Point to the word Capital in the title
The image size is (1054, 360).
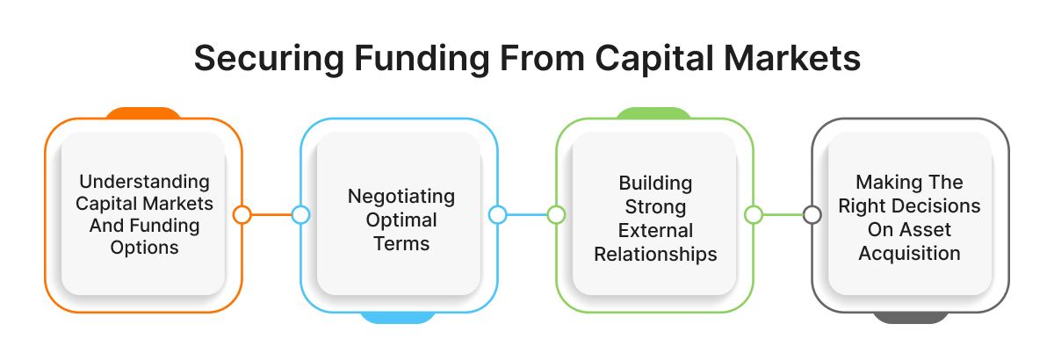click(x=639, y=61)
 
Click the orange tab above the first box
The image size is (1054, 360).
click(x=143, y=113)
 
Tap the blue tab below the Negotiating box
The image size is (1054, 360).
click(x=399, y=317)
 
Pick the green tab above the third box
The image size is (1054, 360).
click(x=653, y=113)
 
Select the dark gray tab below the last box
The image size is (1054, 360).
click(x=910, y=317)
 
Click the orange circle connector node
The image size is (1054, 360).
click(x=242, y=214)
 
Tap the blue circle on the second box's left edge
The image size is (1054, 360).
click(x=300, y=214)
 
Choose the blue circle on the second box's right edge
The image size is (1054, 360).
click(x=497, y=214)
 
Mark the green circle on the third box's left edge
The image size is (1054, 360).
click(x=556, y=214)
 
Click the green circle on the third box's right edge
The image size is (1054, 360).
click(x=753, y=214)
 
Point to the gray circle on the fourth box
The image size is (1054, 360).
click(x=812, y=214)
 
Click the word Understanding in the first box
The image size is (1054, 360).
click(x=144, y=182)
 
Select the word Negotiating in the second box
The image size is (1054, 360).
click(x=401, y=194)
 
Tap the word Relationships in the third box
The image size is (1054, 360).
click(x=655, y=255)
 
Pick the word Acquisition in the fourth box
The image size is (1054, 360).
click(x=910, y=253)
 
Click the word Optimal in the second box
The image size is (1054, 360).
click(x=401, y=219)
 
